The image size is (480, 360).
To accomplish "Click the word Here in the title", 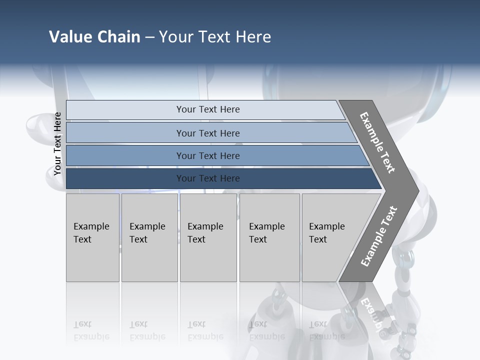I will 253,37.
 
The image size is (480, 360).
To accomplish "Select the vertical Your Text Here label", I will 57,144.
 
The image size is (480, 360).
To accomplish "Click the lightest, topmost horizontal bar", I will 207,110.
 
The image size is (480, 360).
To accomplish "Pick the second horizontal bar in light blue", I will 207,133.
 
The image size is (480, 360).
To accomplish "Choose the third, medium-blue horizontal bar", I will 207,156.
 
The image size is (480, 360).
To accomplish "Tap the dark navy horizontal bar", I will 207,178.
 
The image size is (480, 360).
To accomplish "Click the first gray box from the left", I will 92,237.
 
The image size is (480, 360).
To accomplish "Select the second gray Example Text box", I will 149,237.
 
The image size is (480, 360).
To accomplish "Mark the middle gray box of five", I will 207,237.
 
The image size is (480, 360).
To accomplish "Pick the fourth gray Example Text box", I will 269,237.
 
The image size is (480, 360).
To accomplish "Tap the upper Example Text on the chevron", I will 377,142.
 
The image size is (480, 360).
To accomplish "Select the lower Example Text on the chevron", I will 378,236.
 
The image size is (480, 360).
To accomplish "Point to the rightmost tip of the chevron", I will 417,190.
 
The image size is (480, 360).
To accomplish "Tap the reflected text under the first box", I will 91,330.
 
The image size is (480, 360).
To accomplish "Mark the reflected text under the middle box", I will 205,330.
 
